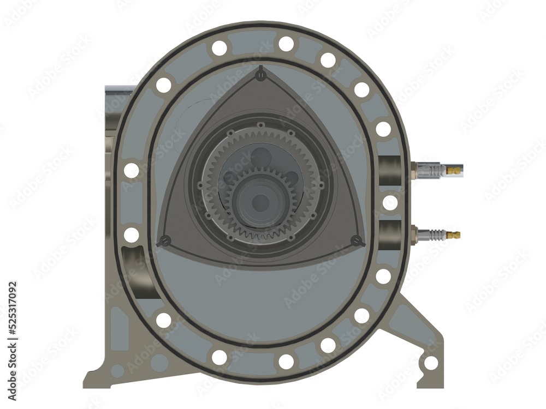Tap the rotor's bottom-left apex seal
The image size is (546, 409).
(165, 240)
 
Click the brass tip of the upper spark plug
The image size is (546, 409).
(454, 171)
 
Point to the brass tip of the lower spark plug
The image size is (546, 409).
(454, 235)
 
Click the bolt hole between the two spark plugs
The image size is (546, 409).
(390, 203)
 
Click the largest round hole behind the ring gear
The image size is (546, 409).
(261, 158)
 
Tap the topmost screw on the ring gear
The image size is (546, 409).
(261, 125)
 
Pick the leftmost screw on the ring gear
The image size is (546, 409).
(200, 185)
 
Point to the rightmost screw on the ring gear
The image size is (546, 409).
(321, 185)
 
